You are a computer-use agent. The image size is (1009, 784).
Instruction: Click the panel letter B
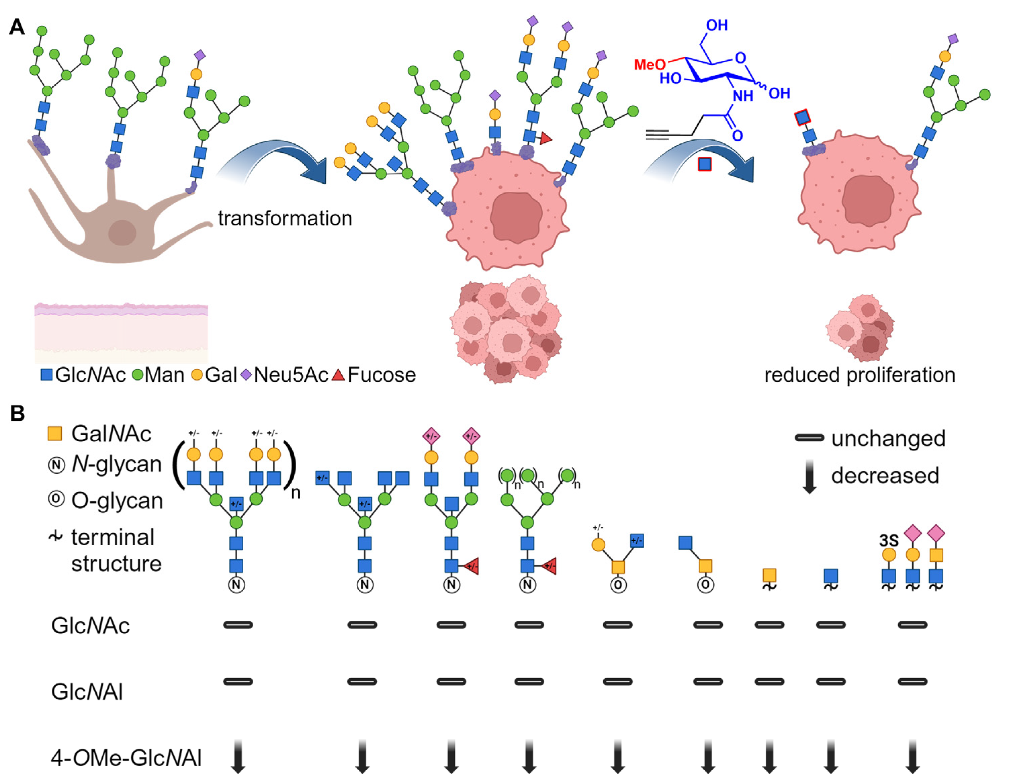[x=17, y=413]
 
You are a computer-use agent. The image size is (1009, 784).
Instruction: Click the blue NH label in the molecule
[x=743, y=96]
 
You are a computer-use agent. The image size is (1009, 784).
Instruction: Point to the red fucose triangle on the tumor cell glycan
[x=546, y=138]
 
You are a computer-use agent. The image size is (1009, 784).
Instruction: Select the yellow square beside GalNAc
[x=55, y=433]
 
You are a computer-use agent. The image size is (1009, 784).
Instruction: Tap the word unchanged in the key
[x=888, y=438]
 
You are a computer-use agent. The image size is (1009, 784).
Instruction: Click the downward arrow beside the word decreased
[x=809, y=476]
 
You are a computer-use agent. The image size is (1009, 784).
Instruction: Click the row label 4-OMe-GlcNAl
[x=125, y=758]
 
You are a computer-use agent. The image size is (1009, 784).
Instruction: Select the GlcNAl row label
[x=87, y=692]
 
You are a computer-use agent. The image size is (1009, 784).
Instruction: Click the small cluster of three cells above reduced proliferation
[x=860, y=328]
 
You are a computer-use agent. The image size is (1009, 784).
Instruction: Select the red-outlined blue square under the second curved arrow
[x=704, y=164]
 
